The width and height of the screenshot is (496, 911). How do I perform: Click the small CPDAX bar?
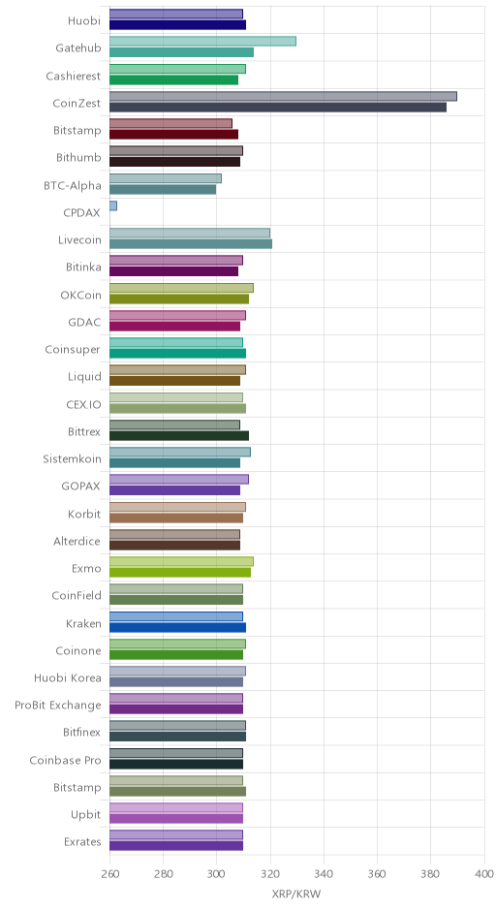tap(113, 205)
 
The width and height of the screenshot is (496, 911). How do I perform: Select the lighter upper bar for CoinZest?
tap(284, 97)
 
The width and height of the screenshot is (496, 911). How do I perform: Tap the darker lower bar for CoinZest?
tap(278, 108)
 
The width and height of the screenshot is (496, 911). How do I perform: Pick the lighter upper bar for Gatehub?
tap(202, 42)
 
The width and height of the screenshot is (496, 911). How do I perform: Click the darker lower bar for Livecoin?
tap(191, 244)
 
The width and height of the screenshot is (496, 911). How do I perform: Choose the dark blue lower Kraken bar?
tap(177, 627)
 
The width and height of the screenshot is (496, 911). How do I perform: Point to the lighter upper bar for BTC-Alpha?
tap(166, 178)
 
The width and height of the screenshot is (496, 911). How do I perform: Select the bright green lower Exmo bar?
tap(180, 573)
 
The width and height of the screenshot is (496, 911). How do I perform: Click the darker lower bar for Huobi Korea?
tap(176, 682)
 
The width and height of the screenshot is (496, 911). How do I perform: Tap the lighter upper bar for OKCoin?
tap(182, 288)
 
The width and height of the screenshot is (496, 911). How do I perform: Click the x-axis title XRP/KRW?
tap(296, 894)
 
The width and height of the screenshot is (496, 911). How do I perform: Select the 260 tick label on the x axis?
tap(109, 874)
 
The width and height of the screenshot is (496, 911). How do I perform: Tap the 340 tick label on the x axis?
tap(324, 874)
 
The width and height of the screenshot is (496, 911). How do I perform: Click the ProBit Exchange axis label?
tap(58, 706)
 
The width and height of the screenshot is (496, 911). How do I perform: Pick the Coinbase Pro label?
tap(65, 760)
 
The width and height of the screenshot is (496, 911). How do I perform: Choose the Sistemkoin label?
tap(72, 459)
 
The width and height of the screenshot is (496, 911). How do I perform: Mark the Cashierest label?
tap(74, 77)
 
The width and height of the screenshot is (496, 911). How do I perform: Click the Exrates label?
tap(82, 842)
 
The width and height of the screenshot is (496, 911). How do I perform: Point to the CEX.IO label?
tap(83, 404)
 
